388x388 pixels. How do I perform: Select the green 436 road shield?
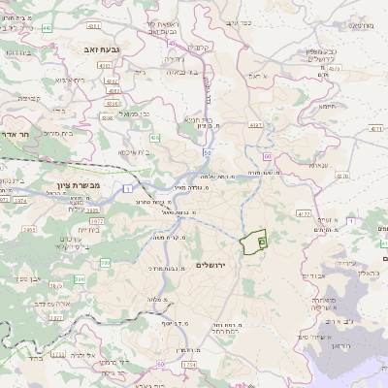154,139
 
